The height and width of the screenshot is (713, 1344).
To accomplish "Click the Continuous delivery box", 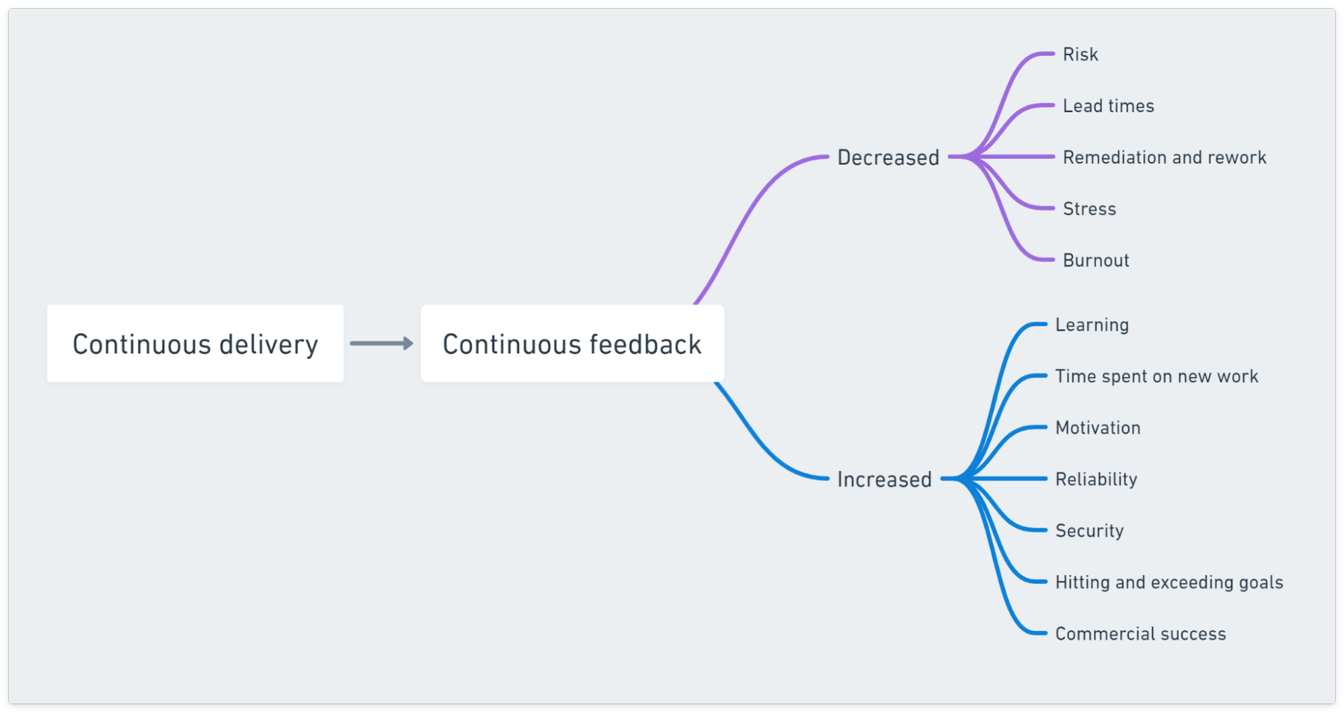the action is [x=195, y=343].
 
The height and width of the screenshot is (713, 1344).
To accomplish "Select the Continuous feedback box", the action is [x=572, y=343].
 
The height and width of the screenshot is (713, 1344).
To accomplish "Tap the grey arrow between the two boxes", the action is [x=381, y=343].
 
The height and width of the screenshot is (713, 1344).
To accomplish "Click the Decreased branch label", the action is [x=887, y=157].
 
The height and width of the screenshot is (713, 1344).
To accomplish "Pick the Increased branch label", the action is [x=884, y=479].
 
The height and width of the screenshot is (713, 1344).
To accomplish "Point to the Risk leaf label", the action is [x=1080, y=54].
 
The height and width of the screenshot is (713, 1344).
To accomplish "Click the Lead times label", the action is [x=1108, y=106].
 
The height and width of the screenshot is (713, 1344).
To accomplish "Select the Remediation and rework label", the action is [x=1164, y=157].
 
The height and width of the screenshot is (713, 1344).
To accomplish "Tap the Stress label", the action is [x=1089, y=209].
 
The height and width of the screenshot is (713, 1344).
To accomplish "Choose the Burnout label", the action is [x=1095, y=261].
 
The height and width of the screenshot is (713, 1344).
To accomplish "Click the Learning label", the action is [x=1092, y=325].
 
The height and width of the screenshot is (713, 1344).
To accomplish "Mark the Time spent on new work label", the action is [x=1156, y=376].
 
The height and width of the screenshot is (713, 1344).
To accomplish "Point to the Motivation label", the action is [x=1097, y=428].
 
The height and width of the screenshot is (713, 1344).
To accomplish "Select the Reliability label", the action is [x=1096, y=479].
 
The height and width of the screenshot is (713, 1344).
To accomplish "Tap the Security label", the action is [x=1089, y=531].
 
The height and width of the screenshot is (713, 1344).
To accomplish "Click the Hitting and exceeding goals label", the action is [x=1169, y=583].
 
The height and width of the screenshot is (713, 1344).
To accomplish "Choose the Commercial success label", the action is [x=1140, y=634].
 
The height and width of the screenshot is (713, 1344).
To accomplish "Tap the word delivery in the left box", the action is [x=268, y=345].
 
